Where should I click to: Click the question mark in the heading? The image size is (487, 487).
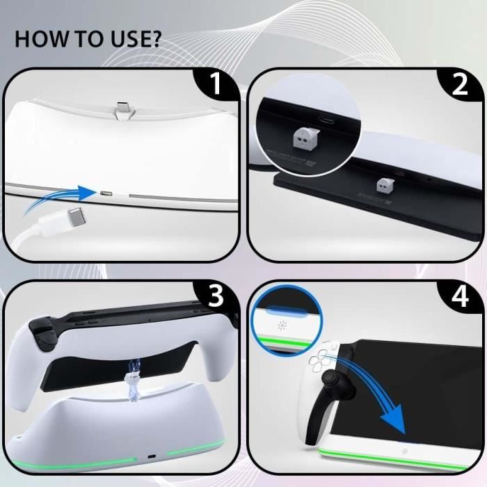[x=154, y=38]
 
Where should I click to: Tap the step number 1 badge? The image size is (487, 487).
[x=216, y=85]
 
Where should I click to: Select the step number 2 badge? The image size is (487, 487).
[x=458, y=85]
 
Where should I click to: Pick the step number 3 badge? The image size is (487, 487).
[x=216, y=297]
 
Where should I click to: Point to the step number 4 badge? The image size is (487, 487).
[x=458, y=297]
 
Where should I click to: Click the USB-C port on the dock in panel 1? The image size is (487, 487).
[x=106, y=192]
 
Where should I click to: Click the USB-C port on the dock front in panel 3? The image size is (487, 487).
[x=152, y=460]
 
